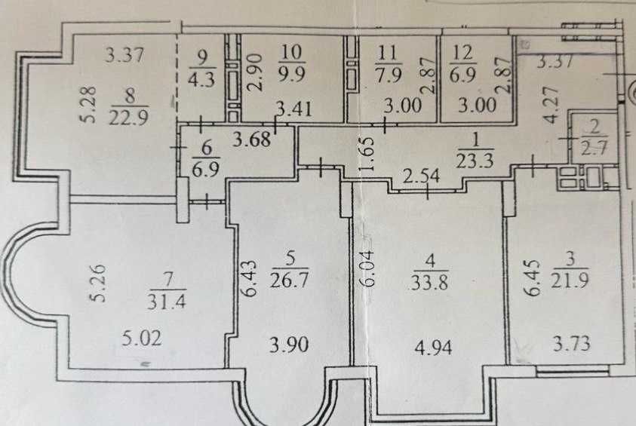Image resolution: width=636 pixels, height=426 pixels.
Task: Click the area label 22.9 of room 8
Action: pos(128,118)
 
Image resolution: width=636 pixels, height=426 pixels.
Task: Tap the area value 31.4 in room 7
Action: pos(166,301)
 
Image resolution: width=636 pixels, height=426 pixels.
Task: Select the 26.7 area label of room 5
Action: pos(289,279)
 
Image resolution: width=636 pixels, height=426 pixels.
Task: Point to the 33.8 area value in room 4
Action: pos(429,282)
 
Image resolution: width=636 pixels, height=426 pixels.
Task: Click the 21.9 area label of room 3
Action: pos(570,280)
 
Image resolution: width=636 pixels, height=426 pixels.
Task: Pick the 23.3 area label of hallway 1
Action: pos(475,160)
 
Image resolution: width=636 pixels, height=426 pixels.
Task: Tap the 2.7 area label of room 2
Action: pos(595,148)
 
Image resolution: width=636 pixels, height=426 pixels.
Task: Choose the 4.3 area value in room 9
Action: pos(201,79)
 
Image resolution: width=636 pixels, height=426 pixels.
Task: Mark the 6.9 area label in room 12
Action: pos(462,75)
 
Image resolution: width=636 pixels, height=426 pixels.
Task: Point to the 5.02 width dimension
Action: pos(142,338)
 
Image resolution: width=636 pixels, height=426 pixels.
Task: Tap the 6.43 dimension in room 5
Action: pos(250,278)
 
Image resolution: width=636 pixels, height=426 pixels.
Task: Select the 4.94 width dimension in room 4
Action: pos(434,348)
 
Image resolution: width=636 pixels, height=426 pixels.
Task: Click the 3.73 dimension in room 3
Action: pos(572,344)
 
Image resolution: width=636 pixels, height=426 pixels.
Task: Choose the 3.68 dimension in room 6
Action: pos(251,139)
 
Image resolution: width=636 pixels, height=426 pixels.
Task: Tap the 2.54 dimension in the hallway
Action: pos(421,176)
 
